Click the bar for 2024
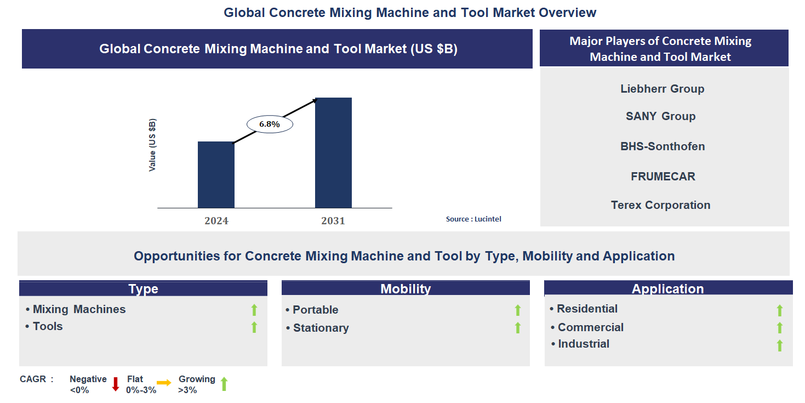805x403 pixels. click(216, 175)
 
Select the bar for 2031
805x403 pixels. click(333, 153)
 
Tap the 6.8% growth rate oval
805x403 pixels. click(270, 124)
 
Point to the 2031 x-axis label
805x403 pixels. click(333, 221)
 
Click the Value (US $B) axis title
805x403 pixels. click(152, 145)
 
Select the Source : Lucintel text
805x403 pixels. click(473, 219)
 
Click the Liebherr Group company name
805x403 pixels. click(662, 89)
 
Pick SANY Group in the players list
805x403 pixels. click(660, 116)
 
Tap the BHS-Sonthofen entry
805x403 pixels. click(663, 146)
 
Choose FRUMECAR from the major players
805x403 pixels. click(663, 177)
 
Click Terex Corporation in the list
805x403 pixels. click(660, 205)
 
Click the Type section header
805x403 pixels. click(143, 289)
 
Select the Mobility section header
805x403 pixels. click(406, 289)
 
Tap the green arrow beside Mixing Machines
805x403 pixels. click(254, 310)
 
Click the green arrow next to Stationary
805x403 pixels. click(517, 328)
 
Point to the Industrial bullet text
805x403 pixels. click(583, 344)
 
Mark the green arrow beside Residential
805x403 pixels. click(779, 310)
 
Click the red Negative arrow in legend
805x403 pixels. click(116, 384)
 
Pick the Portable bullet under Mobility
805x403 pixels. click(315, 310)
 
